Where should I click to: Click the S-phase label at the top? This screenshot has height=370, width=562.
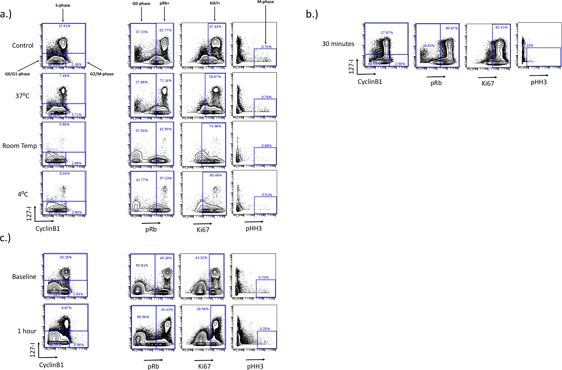63,5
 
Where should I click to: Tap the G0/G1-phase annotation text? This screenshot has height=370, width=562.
17,74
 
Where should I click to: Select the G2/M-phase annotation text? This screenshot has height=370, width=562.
102,74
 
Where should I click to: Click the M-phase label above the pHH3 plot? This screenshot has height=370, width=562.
266,2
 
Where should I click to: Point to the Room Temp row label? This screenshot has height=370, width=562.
20,146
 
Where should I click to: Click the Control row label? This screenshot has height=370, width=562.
23,45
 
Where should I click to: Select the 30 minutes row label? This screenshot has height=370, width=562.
338,44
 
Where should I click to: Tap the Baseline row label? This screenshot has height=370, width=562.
24,277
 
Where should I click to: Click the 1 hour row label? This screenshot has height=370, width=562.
27,331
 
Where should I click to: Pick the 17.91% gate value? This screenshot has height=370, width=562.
64,26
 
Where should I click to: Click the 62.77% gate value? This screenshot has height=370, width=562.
165,30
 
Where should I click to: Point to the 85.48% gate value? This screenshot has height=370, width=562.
216,175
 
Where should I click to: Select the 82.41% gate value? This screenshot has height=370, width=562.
501,28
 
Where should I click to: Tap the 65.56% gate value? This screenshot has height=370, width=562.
143,317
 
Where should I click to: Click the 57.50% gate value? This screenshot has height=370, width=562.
142,131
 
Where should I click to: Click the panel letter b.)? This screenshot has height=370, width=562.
312,14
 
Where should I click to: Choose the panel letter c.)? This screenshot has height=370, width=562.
5,238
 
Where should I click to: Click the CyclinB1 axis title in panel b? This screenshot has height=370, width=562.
370,82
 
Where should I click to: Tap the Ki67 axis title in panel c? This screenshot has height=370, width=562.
204,366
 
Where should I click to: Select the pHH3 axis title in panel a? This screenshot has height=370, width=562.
254,229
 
